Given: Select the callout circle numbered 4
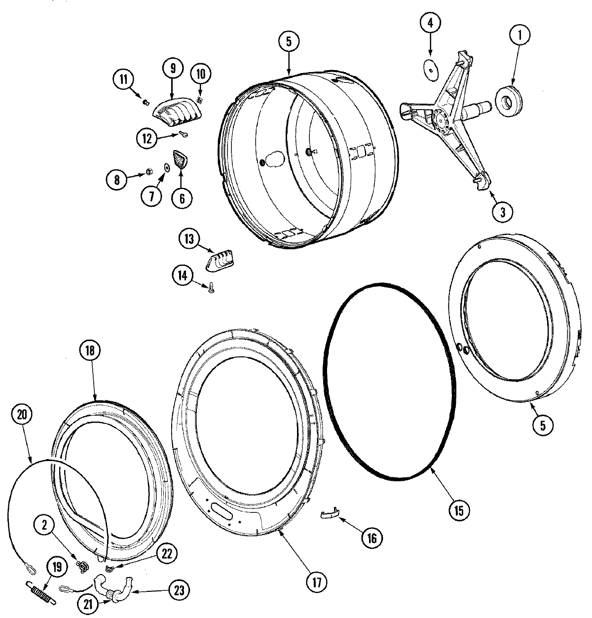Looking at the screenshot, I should pyautogui.click(x=429, y=24).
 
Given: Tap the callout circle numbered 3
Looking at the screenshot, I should pyautogui.click(x=502, y=212).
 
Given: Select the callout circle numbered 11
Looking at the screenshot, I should pyautogui.click(x=123, y=79).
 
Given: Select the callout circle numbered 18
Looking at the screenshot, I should pyautogui.click(x=90, y=351).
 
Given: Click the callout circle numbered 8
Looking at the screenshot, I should pyautogui.click(x=117, y=180).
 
